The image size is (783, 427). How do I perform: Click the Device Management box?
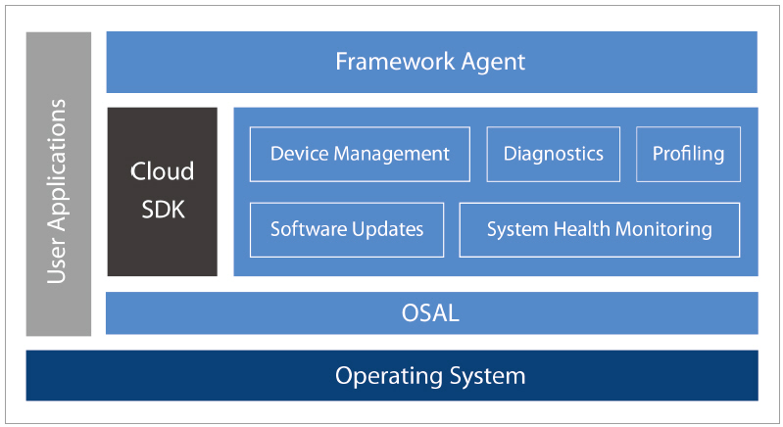click(360, 154)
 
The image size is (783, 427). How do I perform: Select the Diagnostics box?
click(553, 154)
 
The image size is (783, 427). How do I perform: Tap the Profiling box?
click(688, 154)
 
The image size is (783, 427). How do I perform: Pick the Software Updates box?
click(347, 229)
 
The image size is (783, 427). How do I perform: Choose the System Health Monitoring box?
click(599, 229)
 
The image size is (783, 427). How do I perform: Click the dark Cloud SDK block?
click(162, 191)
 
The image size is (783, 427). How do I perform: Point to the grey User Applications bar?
click(59, 184)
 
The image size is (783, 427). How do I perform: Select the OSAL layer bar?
click(431, 313)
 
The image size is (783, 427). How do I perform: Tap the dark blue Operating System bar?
click(392, 375)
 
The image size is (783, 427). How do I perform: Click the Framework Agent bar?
click(431, 62)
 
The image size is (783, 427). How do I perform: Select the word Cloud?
click(162, 171)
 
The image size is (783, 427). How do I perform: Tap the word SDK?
click(162, 209)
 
